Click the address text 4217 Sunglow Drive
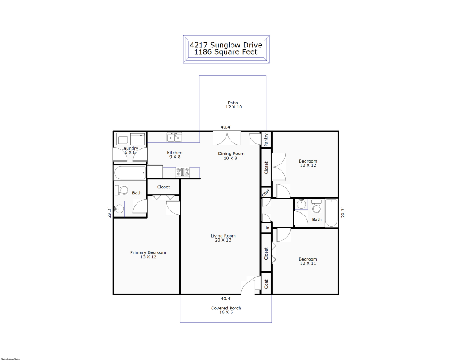[226, 45]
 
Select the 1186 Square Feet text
[226, 52]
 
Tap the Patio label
[233, 103]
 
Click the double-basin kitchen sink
[174, 137]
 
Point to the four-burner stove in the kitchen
[183, 172]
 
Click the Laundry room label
[130, 148]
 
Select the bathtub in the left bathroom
[130, 173]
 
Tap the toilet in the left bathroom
[122, 190]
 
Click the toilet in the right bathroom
[317, 207]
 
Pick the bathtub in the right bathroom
[331, 213]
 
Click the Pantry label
[266, 140]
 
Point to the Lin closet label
[266, 228]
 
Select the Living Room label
[223, 236]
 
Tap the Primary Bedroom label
[148, 252]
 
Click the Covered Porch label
[226, 308]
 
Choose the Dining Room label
[231, 153]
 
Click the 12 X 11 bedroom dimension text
[307, 263]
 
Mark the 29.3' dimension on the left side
[108, 212]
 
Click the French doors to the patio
[227, 137]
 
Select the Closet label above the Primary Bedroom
[164, 187]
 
